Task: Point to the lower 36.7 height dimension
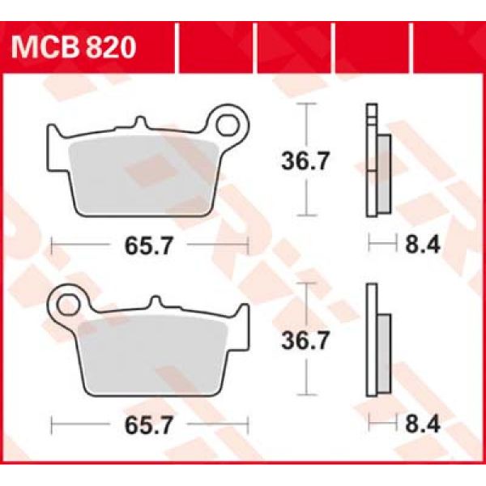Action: [305, 343]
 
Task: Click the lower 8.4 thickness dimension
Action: [417, 423]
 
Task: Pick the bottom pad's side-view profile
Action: [377, 339]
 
